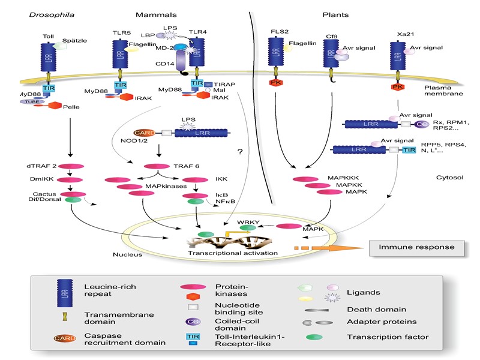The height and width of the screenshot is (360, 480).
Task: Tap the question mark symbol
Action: pyautogui.click(x=239, y=152)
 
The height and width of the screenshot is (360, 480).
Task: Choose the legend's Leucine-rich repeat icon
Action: pyautogui.click(x=60, y=292)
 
